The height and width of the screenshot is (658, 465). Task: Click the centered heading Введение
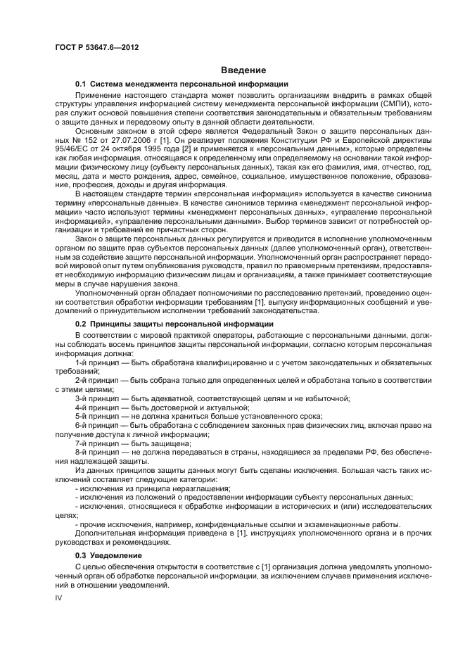click(x=243, y=70)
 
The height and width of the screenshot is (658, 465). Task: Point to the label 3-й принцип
click(x=96, y=398)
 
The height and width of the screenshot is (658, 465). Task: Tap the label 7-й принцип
click(x=96, y=444)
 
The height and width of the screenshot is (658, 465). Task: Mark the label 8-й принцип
click(x=96, y=453)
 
